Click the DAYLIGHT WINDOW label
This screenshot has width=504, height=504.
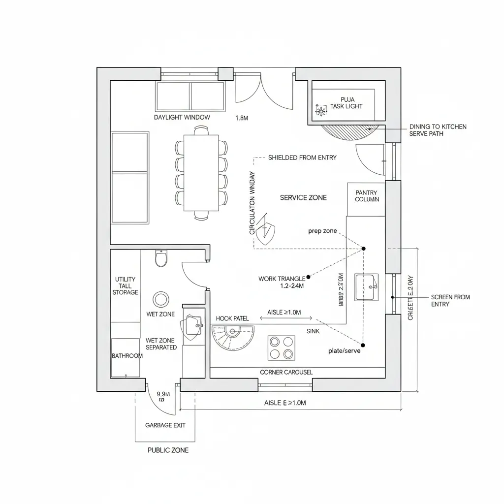(182, 118)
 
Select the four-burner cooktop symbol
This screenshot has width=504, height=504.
(281, 348)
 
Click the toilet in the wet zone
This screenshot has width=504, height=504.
(161, 258)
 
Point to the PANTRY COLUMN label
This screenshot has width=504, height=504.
(367, 196)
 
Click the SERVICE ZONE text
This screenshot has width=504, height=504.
(303, 197)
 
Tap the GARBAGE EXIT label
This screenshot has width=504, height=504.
(165, 425)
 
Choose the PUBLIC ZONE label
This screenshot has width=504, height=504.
(168, 450)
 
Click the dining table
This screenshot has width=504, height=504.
(201, 173)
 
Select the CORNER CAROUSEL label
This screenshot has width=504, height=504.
(286, 373)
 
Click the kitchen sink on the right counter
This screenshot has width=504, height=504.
(367, 287)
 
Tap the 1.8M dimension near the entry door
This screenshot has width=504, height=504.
(242, 118)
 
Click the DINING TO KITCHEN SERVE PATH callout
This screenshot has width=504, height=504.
(438, 130)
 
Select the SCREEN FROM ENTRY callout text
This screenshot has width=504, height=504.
(450, 301)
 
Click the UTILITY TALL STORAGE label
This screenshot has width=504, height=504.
(125, 286)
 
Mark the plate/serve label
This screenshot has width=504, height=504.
(344, 351)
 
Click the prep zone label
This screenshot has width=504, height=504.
(322, 231)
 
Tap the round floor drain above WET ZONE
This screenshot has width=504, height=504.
(160, 299)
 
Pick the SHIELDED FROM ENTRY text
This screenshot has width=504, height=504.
(302, 157)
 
